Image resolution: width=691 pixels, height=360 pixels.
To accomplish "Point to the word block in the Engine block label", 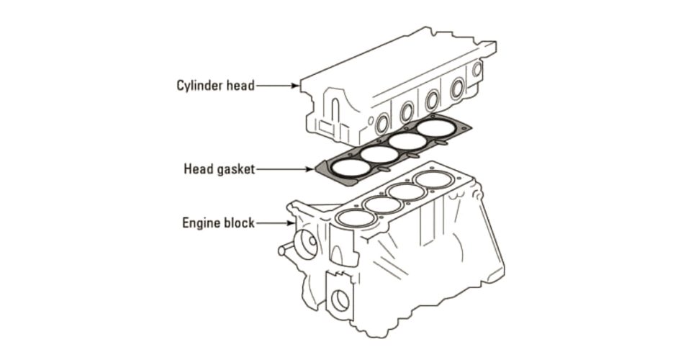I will tap(238, 223).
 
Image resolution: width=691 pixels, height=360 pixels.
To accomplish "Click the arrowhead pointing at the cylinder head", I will tap(295, 86).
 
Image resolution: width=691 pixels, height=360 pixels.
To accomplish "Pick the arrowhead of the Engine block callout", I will tap(287, 223).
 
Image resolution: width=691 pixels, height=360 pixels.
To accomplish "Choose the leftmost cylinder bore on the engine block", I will tap(355, 217).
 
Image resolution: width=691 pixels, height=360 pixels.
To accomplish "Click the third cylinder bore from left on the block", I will tap(408, 192).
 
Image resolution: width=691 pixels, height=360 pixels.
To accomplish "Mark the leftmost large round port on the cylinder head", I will tap(382, 125).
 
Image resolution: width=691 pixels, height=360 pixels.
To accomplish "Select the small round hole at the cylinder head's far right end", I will tap(477, 70).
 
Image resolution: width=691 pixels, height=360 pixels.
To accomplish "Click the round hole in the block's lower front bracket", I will tap(339, 300).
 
